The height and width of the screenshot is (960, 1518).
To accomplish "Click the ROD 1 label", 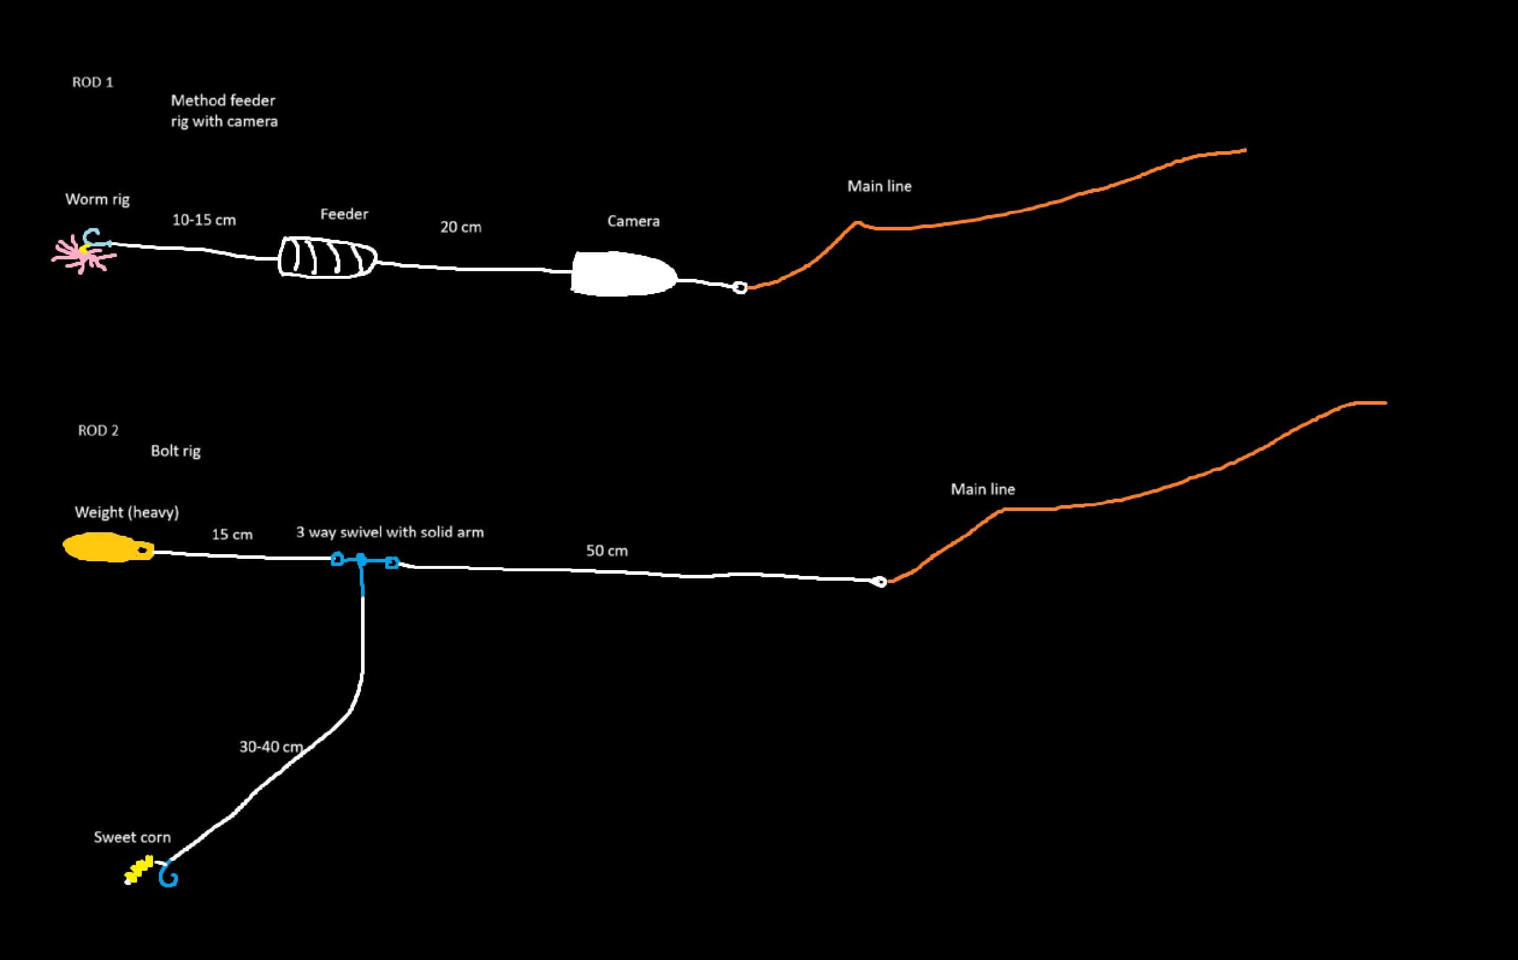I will [93, 83].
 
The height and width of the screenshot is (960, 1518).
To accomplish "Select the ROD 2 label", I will [97, 431].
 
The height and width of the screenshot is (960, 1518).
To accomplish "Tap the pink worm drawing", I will [81, 255].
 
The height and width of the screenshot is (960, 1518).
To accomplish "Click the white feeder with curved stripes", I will [327, 257].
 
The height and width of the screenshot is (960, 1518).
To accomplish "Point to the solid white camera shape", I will [621, 274].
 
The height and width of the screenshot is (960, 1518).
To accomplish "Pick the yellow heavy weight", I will [108, 547].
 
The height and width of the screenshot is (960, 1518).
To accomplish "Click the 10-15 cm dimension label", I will [204, 220].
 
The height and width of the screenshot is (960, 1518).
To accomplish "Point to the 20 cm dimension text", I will [460, 227].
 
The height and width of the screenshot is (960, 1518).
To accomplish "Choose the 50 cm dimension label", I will [606, 552].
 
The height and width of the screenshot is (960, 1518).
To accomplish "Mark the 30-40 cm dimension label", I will [271, 747].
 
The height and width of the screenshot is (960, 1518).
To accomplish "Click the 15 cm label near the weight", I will [232, 535].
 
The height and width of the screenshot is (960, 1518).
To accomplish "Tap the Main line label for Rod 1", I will [879, 187].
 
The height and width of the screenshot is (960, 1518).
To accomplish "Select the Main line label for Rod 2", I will [982, 490].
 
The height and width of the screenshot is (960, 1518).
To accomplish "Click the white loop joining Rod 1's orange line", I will [740, 288].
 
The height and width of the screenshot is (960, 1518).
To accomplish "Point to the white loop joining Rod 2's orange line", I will [880, 582].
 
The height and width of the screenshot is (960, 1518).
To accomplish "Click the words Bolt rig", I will [175, 451].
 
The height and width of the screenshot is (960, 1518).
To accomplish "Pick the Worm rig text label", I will [97, 200].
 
